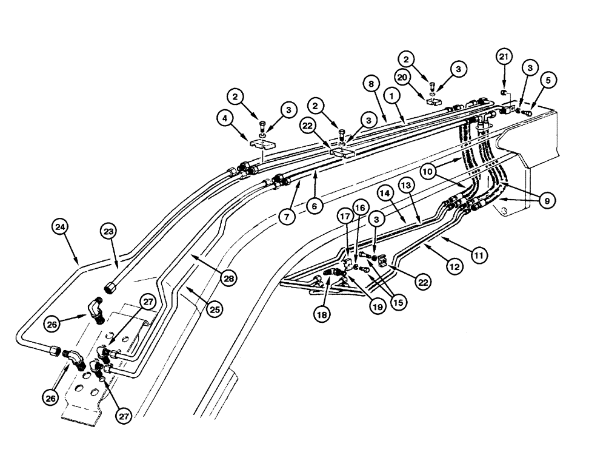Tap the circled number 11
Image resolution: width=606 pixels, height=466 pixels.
click(x=479, y=256)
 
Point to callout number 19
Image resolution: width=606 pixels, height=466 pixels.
click(x=378, y=307)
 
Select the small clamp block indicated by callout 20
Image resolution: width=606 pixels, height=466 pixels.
click(x=434, y=101)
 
